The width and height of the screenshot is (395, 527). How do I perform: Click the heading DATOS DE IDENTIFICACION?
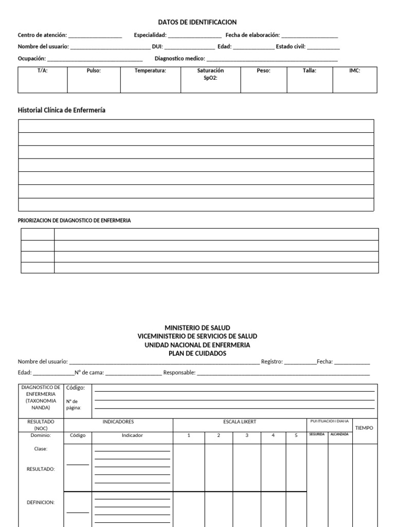(197, 22)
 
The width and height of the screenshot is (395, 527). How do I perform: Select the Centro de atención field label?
(42, 35)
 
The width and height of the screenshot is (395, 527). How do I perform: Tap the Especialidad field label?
(150, 35)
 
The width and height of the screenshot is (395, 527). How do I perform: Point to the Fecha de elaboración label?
(253, 35)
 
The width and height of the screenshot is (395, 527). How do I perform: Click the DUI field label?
(157, 46)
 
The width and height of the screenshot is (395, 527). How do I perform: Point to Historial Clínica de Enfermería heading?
(62, 110)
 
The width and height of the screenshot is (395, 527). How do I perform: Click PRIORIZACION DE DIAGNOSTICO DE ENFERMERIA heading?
(74, 220)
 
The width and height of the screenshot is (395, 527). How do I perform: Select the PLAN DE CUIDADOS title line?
(197, 354)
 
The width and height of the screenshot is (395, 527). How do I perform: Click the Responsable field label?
(179, 373)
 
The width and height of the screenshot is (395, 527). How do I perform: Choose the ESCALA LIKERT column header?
(239, 422)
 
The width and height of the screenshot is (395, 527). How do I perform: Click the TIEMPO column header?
(364, 428)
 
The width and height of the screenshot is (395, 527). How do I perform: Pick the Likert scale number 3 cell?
(247, 435)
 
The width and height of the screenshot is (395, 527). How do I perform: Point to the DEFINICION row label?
(41, 502)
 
